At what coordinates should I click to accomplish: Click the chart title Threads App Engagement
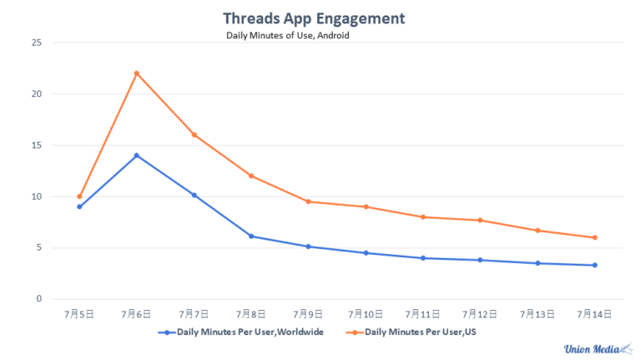(314, 18)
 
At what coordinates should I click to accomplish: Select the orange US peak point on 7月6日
(136, 74)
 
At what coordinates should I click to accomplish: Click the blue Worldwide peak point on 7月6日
(136, 155)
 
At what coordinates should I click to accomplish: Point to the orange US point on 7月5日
(79, 196)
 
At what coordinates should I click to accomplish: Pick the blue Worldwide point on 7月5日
(79, 206)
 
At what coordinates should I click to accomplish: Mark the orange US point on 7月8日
(250, 176)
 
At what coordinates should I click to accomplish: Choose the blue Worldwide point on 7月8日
(250, 236)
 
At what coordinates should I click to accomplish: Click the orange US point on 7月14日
(595, 237)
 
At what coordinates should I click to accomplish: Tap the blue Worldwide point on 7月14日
(595, 266)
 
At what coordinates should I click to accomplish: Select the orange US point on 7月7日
(194, 134)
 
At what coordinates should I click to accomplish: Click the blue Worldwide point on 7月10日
(366, 253)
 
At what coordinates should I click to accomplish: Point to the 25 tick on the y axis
(35, 43)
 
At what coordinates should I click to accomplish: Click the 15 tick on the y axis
(35, 145)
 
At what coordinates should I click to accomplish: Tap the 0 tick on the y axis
(38, 299)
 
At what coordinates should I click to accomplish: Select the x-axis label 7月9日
(308, 315)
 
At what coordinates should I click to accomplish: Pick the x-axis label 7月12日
(480, 315)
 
